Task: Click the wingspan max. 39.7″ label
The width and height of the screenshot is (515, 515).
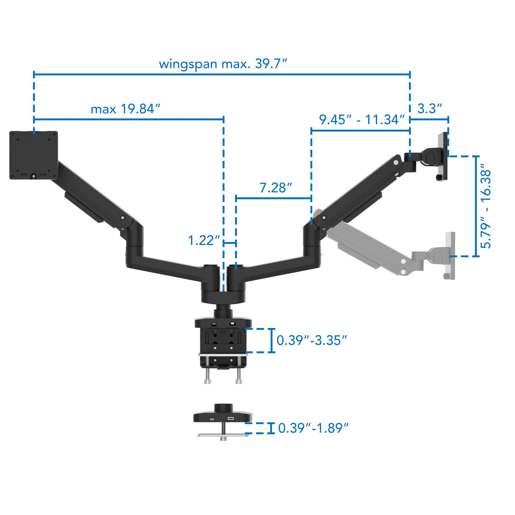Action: pyautogui.click(x=223, y=64)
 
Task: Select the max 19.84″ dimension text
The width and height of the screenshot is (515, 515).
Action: pyautogui.click(x=126, y=109)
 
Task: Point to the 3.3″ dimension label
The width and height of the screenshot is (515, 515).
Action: pyautogui.click(x=429, y=109)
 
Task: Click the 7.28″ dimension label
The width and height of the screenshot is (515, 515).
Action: pyautogui.click(x=276, y=188)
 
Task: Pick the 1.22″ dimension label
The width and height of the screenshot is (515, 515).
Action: pyautogui.click(x=204, y=241)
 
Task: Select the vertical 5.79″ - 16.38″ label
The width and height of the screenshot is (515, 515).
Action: pyautogui.click(x=486, y=209)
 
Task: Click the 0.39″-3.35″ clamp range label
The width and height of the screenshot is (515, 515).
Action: pyautogui.click(x=311, y=340)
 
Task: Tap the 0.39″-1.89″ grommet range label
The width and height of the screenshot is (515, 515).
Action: pyautogui.click(x=313, y=428)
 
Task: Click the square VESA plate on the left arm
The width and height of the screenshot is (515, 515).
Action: pyautogui.click(x=34, y=155)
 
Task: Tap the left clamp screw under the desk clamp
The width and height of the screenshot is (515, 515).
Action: pyautogui.click(x=207, y=375)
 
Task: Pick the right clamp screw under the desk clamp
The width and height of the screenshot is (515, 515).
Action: pyautogui.click(x=239, y=375)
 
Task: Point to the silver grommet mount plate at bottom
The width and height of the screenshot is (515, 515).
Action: pyautogui.click(x=223, y=434)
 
